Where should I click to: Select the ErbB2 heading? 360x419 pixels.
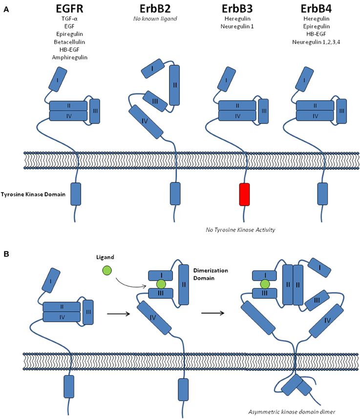[x=155, y=9]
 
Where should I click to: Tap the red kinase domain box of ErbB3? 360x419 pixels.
[x=244, y=194]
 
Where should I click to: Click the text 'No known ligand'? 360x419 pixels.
[x=155, y=19]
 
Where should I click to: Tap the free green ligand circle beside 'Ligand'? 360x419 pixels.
[x=106, y=270]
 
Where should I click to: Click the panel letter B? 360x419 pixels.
[x=5, y=254]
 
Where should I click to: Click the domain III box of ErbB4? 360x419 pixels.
[x=341, y=111]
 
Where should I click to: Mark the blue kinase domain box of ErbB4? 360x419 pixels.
[x=323, y=194]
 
